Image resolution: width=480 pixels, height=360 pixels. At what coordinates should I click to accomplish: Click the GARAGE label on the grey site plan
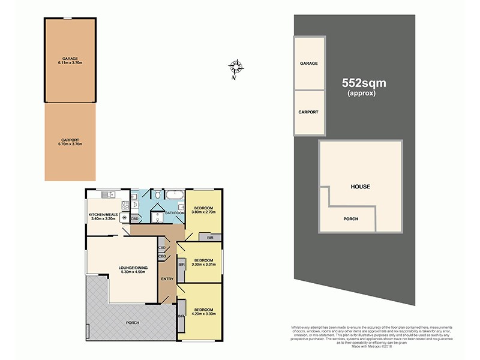(x=308, y=63)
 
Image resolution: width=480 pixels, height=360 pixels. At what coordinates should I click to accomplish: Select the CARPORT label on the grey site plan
(x=308, y=112)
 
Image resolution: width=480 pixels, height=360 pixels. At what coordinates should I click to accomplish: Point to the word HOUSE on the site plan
(x=360, y=187)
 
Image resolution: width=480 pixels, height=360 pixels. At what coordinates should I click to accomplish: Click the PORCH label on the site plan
(x=350, y=219)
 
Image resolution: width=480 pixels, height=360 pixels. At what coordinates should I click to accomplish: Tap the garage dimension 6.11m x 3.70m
(x=70, y=62)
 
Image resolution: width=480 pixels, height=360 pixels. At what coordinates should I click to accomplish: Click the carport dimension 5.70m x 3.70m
(x=70, y=144)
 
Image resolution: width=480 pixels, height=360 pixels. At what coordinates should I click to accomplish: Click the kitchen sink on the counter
(x=108, y=194)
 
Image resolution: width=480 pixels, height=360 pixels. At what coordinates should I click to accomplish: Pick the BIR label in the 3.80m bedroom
(x=209, y=238)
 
